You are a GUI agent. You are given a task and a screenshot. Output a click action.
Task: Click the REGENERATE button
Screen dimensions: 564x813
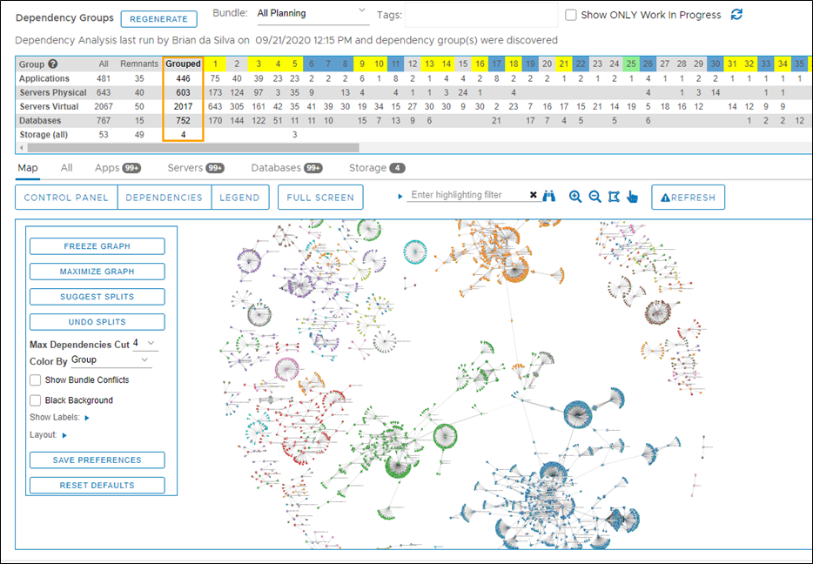(x=158, y=18)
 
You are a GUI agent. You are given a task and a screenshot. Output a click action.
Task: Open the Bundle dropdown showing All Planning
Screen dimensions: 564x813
(x=312, y=14)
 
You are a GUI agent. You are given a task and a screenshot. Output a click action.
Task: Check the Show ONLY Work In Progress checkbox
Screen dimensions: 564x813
(x=571, y=15)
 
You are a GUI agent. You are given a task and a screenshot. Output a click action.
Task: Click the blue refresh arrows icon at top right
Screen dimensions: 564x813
(x=736, y=14)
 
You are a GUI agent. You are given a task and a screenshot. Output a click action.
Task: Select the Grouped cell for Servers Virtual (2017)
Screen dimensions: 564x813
(x=183, y=106)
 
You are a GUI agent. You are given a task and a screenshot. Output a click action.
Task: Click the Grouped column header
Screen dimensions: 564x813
(x=183, y=64)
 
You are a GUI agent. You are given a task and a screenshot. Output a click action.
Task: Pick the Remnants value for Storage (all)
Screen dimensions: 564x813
(x=140, y=134)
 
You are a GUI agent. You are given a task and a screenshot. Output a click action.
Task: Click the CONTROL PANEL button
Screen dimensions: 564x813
(x=66, y=198)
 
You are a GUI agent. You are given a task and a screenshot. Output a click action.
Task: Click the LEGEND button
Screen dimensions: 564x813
(x=239, y=198)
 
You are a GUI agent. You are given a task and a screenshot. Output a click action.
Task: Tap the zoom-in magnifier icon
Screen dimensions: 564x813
(x=574, y=197)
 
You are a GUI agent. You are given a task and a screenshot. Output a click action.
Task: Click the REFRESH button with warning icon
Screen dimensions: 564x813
(x=688, y=198)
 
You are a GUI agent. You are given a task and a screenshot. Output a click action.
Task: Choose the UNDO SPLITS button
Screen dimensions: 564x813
(x=97, y=322)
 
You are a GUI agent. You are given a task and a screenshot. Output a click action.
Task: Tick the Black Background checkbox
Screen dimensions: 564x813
(x=36, y=400)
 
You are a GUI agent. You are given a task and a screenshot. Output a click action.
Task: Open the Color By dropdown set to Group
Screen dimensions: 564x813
(x=111, y=359)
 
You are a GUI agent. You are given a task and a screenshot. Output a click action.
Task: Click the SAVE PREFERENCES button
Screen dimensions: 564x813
(x=97, y=460)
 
